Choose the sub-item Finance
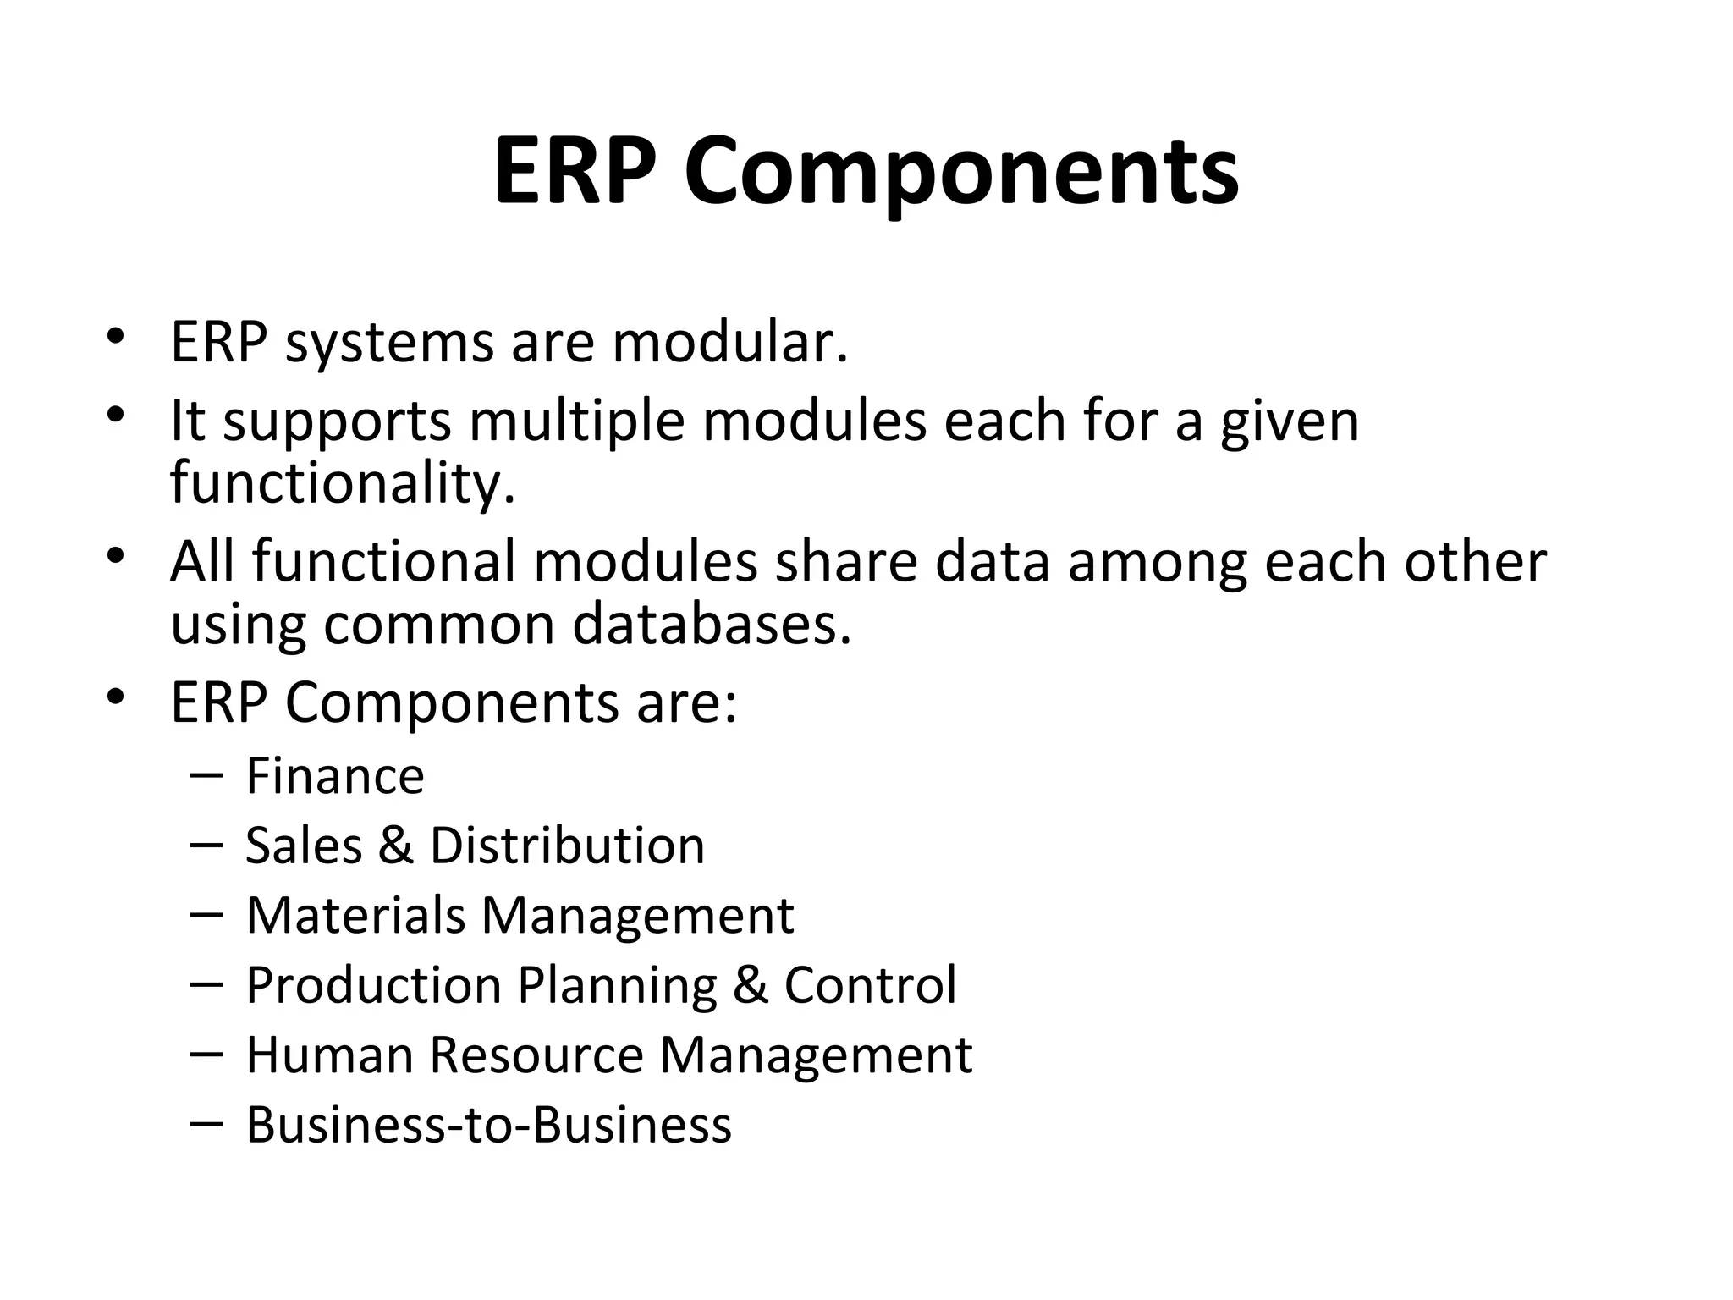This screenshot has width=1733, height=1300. (335, 776)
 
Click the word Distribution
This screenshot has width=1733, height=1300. (567, 846)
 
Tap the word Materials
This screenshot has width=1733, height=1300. (355, 915)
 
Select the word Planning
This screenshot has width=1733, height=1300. (617, 985)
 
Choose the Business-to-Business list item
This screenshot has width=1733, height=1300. (488, 1125)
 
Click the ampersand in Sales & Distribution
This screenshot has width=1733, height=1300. (395, 846)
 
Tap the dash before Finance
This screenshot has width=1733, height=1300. (206, 774)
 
